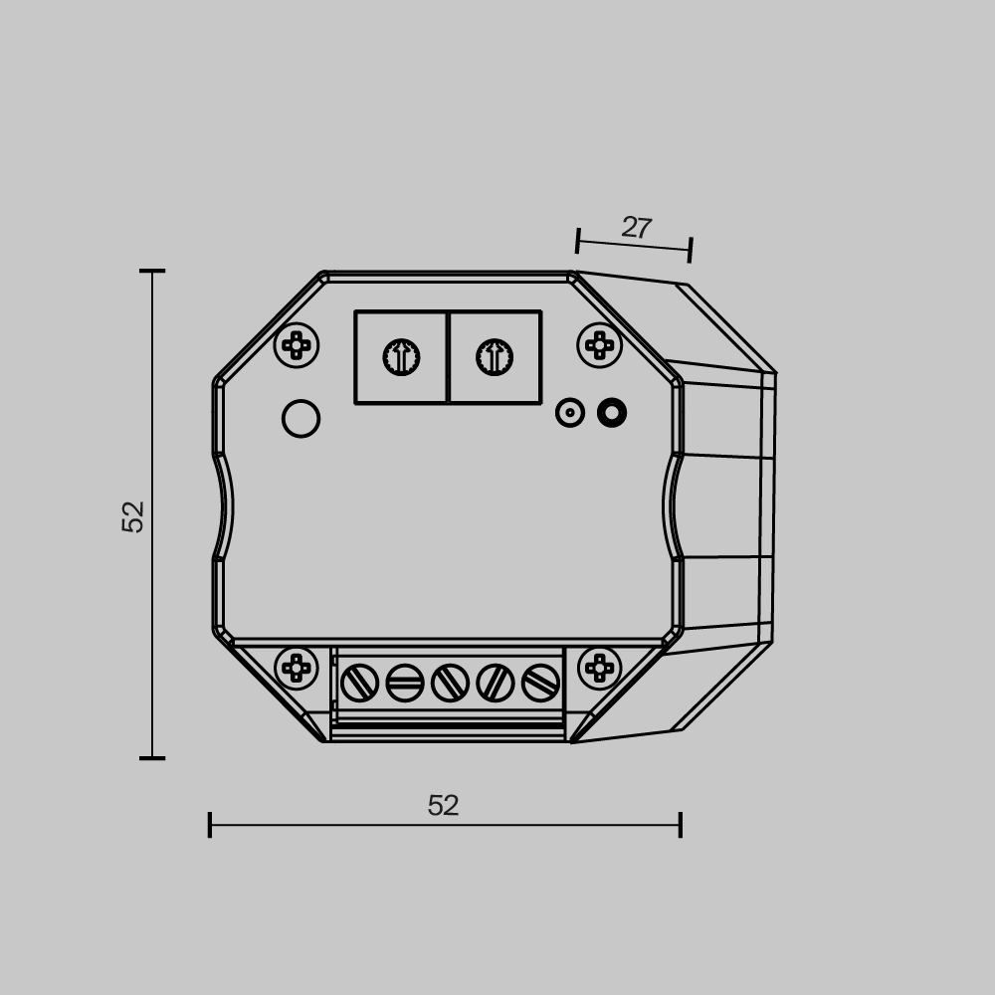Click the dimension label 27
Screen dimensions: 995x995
click(636, 228)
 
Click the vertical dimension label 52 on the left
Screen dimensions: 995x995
click(133, 516)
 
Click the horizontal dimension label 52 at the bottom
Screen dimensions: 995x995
click(443, 805)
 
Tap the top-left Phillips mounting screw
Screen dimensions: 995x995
click(297, 345)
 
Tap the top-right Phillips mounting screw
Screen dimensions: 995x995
click(599, 345)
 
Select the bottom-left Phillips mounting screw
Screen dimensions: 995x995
click(297, 668)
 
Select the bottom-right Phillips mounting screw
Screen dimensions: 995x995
click(599, 668)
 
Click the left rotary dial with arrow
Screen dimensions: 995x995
click(401, 357)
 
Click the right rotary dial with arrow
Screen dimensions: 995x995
click(495, 357)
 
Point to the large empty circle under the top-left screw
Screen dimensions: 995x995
click(300, 418)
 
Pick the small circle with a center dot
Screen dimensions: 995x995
click(569, 412)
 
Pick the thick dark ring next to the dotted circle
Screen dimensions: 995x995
click(612, 412)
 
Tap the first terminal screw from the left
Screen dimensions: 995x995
click(359, 683)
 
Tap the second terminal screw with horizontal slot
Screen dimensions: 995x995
click(405, 683)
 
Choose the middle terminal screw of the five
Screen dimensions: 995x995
click(450, 683)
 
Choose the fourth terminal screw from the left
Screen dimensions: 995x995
click(495, 683)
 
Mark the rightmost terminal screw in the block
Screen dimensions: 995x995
click(540, 683)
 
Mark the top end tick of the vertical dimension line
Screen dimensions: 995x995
click(152, 271)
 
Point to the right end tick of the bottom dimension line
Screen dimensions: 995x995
click(681, 825)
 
